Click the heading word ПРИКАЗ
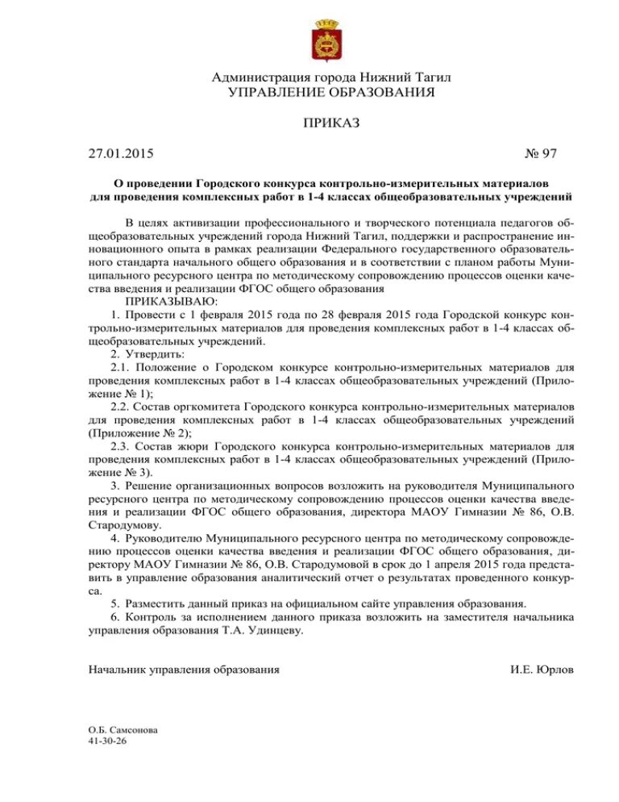click(x=330, y=123)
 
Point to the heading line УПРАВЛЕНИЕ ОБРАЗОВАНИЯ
click(x=331, y=92)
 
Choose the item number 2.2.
click(x=121, y=407)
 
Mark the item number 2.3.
click(x=121, y=446)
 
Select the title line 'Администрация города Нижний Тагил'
click(x=331, y=77)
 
